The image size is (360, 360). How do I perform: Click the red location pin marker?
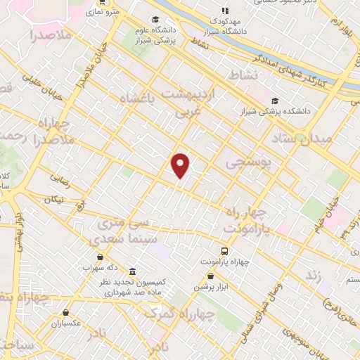tap(181, 164)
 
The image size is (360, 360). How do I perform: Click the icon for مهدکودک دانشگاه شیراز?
tap(225, 11)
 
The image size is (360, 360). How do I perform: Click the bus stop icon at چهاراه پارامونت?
tap(224, 251)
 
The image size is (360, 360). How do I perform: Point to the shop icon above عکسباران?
tap(65, 313)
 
